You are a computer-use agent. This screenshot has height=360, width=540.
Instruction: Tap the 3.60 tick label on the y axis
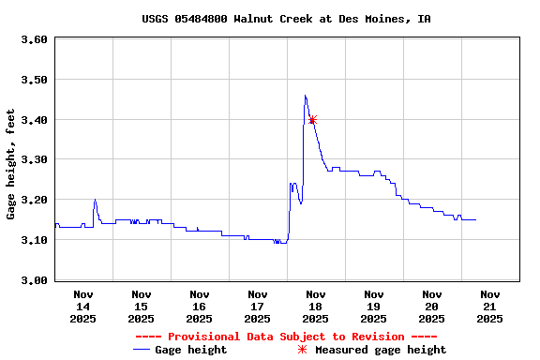[34, 39]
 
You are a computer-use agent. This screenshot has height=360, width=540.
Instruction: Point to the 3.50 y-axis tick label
[34, 80]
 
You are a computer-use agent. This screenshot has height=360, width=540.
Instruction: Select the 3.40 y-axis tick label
[34, 120]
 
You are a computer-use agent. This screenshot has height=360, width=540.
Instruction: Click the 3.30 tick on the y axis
[34, 160]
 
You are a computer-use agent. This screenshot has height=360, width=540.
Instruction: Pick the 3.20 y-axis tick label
[34, 200]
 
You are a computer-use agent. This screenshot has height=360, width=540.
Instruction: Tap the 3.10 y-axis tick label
[34, 240]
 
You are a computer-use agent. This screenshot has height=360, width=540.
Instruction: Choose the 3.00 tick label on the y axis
[34, 280]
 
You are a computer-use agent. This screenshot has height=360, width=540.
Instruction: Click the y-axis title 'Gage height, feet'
[11, 164]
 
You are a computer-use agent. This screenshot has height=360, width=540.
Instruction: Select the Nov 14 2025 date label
[82, 307]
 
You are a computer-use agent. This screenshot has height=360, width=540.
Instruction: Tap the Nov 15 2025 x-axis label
[141, 307]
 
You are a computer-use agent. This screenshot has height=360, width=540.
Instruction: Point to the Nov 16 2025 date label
[199, 307]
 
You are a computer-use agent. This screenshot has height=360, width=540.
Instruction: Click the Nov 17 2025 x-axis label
[257, 307]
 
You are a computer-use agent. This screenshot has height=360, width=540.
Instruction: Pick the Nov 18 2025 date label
[315, 307]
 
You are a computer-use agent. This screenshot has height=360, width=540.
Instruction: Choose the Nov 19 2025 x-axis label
[373, 307]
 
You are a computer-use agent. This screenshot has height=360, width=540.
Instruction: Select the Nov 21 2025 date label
[489, 307]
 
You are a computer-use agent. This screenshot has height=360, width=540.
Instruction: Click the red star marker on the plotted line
[312, 120]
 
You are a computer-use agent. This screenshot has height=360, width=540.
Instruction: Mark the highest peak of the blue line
[305, 95]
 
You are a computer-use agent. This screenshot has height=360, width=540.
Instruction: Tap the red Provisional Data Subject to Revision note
[286, 337]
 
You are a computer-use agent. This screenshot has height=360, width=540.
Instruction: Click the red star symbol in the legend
[302, 350]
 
